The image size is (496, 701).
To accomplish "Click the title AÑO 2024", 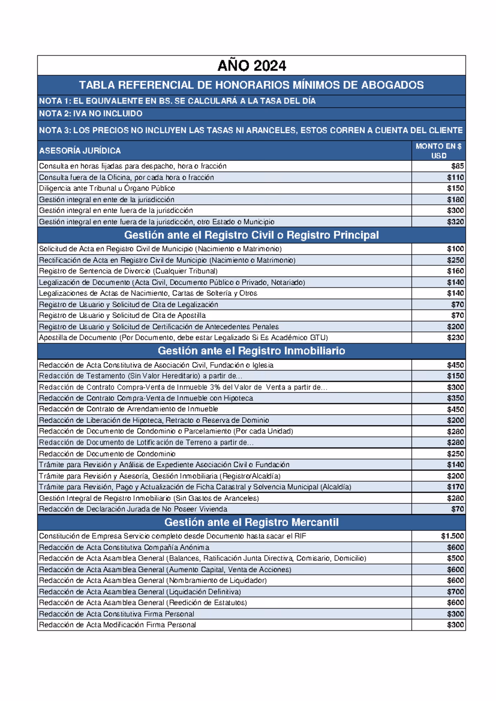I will pyautogui.click(x=251, y=66).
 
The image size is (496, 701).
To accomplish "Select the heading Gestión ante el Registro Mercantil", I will pyautogui.click(x=251, y=522).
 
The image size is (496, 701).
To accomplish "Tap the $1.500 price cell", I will pyautogui.click(x=452, y=536).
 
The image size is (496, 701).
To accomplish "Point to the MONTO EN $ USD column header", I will pyautogui.click(x=439, y=151).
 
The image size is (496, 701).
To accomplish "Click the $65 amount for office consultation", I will pyautogui.click(x=458, y=166).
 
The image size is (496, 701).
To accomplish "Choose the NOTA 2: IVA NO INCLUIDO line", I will pyautogui.click(x=91, y=114).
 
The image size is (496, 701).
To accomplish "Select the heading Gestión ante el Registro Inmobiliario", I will pyautogui.click(x=251, y=351).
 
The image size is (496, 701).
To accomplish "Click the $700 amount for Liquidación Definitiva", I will pyautogui.click(x=455, y=592).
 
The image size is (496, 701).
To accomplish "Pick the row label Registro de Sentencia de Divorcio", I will pyautogui.click(x=128, y=271).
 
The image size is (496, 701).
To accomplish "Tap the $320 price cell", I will pyautogui.click(x=455, y=222).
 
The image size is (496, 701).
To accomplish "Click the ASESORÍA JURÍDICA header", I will pyautogui.click(x=80, y=151).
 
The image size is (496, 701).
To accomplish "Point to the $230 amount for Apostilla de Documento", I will pyautogui.click(x=455, y=338).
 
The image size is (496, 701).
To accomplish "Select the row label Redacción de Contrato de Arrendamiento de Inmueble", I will pyautogui.click(x=129, y=409).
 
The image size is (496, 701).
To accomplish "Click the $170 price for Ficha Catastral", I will pyautogui.click(x=455, y=487).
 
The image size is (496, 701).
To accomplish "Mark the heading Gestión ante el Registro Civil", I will pyautogui.click(x=251, y=235).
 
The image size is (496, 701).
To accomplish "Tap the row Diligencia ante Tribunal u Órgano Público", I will pyautogui.click(x=107, y=188).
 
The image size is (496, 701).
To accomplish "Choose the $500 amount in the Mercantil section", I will pyautogui.click(x=455, y=559).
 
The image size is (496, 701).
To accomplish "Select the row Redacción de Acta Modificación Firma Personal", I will pyautogui.click(x=117, y=625).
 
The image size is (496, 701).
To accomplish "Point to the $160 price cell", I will pyautogui.click(x=455, y=271).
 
